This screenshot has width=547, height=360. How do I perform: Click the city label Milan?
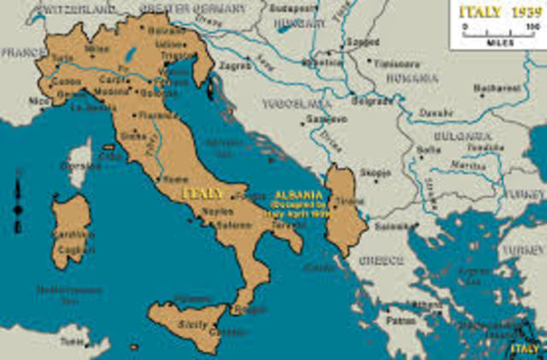pyautogui.click(x=97, y=50)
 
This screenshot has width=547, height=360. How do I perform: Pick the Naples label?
pyautogui.click(x=215, y=210)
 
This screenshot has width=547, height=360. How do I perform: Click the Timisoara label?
pyautogui.click(x=395, y=62)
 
